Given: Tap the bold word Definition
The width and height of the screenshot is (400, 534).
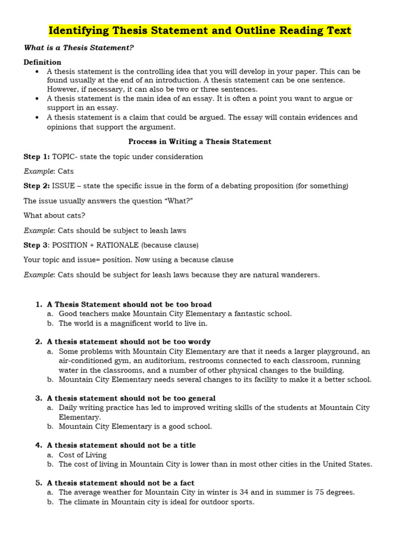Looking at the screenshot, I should (42, 62).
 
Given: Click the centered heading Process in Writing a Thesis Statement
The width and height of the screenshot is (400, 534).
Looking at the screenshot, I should (200, 141).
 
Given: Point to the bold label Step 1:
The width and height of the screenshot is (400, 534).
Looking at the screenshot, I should (36, 156).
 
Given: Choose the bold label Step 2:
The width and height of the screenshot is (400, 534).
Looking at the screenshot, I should (36, 186).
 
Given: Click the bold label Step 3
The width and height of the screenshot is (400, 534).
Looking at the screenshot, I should (35, 245).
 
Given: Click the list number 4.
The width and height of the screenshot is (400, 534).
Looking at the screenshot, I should (38, 445).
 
